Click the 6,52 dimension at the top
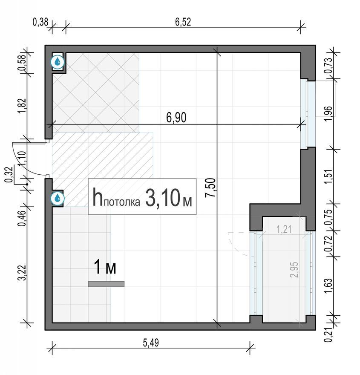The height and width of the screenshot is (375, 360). click(x=183, y=22)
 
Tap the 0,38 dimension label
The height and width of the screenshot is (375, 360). click(x=40, y=22)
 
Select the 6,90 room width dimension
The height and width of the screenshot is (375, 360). click(x=176, y=118)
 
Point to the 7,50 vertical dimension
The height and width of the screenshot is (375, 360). click(x=210, y=188)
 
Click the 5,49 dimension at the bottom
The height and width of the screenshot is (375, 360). click(x=151, y=343)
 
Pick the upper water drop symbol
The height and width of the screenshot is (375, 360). click(x=58, y=62)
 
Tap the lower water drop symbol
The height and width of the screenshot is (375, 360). click(x=58, y=198)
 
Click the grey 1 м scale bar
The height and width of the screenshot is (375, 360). click(x=106, y=284)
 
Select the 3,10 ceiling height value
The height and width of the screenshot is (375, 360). click(x=163, y=197)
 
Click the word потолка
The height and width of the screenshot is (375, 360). click(x=122, y=202)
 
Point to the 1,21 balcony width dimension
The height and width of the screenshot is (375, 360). click(x=284, y=229)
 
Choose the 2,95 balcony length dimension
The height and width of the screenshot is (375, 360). click(x=294, y=270)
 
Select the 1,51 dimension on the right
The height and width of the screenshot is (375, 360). click(x=329, y=176)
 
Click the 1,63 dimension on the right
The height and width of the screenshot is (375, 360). click(x=329, y=286)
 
